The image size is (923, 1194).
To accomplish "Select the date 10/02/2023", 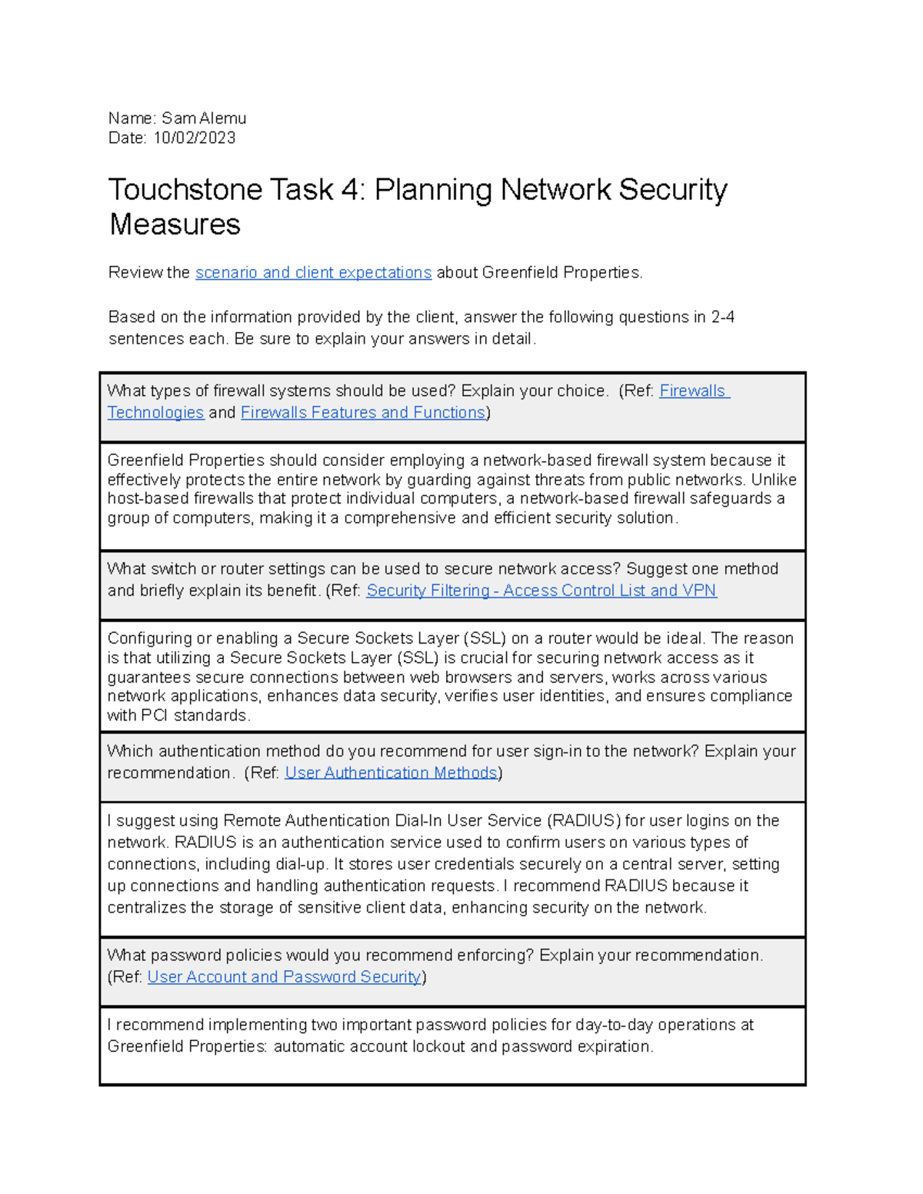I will [x=195, y=138].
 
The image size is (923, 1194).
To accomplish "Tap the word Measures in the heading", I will [x=175, y=225].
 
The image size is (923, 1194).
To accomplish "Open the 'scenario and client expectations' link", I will [x=313, y=273].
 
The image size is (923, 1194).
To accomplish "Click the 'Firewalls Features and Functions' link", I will [x=363, y=413].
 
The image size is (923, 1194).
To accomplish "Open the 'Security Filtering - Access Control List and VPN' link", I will [x=541, y=590].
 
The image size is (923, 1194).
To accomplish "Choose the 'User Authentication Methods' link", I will [x=391, y=773].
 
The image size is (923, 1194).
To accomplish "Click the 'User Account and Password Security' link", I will [x=284, y=977].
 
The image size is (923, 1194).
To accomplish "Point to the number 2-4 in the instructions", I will [x=722, y=318].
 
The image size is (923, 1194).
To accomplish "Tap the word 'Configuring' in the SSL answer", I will [x=149, y=639].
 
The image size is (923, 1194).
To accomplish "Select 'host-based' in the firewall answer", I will [x=145, y=499].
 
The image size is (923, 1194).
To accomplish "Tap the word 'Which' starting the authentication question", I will [x=130, y=751].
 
